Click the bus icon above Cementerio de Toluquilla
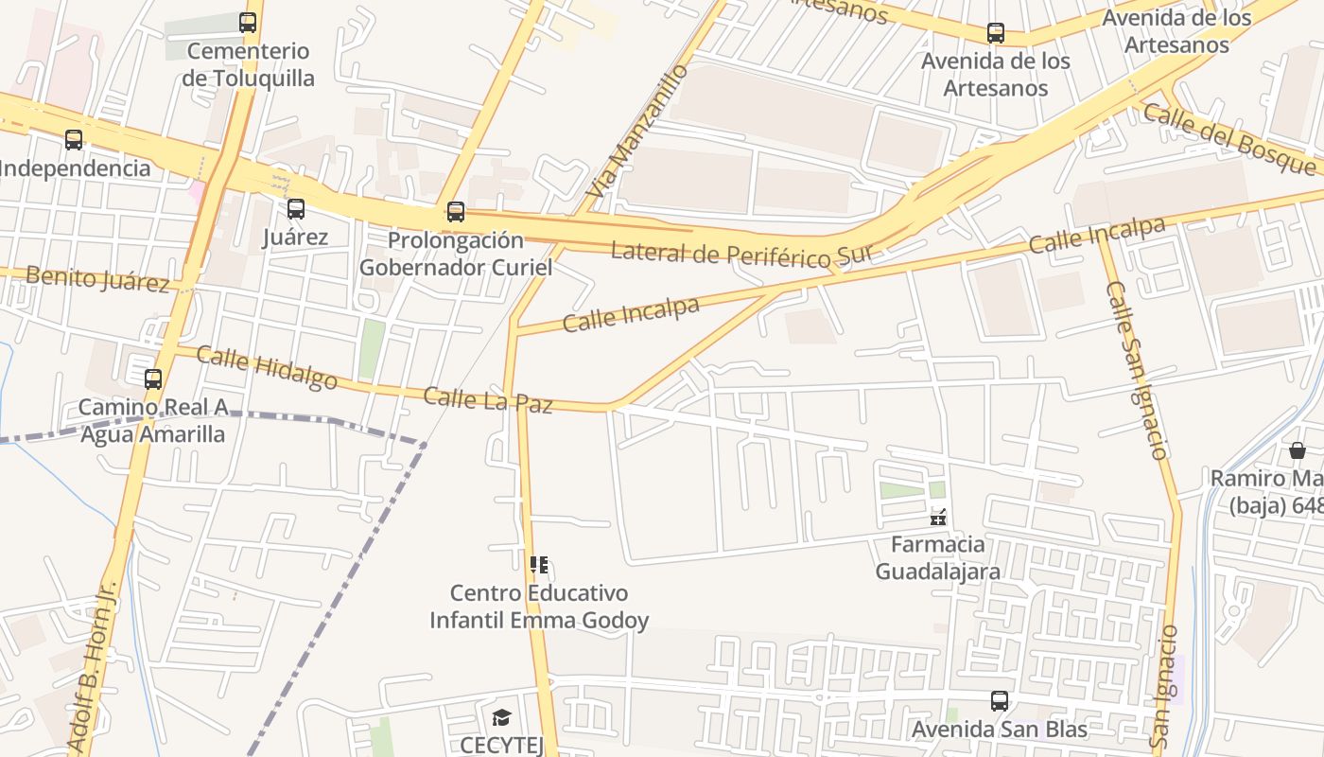click(248, 22)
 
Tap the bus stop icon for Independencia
click(74, 140)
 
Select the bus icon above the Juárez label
click(296, 209)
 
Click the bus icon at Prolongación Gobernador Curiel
click(456, 212)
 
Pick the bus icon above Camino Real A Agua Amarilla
click(153, 379)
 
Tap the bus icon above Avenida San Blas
click(1000, 701)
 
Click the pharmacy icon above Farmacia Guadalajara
click(938, 517)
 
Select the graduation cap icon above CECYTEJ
click(501, 718)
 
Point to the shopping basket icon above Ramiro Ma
click(1297, 450)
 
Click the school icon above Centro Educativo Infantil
click(539, 566)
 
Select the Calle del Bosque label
click(1229, 139)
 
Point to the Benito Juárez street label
click(97, 279)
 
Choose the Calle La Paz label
click(487, 399)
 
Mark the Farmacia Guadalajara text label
click(937, 558)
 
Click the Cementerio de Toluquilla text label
click(248, 64)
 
